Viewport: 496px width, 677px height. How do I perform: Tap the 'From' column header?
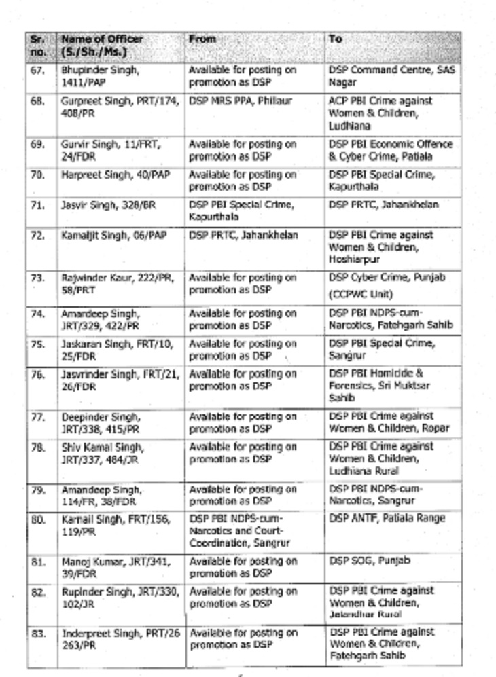point(202,39)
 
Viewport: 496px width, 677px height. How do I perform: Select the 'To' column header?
point(336,39)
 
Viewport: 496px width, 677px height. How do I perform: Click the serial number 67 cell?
point(37,70)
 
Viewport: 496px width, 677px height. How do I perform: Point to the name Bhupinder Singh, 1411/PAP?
point(101,76)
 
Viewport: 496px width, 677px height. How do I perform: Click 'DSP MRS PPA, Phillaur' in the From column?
point(240,101)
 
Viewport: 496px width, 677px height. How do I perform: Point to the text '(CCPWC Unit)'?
point(357,295)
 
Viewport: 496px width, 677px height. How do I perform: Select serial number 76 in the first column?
point(37,374)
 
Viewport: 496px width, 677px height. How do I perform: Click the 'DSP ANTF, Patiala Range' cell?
point(387,518)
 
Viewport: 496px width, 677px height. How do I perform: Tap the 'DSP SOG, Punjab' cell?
point(370,561)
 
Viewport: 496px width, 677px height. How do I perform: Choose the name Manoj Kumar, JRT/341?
point(116,568)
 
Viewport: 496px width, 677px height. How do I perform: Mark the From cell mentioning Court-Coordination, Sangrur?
point(238,530)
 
